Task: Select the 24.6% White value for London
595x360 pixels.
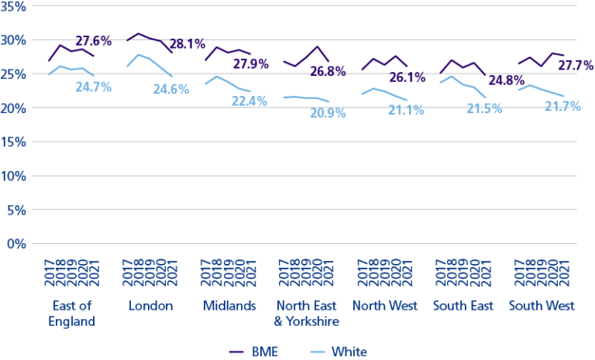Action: pyautogui.click(x=170, y=89)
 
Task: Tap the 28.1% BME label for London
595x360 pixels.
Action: pyautogui.click(x=188, y=43)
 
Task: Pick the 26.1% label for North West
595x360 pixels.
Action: pyautogui.click(x=405, y=78)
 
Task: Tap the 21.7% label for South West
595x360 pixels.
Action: pyautogui.click(x=562, y=106)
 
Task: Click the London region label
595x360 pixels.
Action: pyautogui.click(x=151, y=306)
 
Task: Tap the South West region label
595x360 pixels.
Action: pyautogui.click(x=542, y=306)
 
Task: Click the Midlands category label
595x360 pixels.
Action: pyautogui.click(x=229, y=306)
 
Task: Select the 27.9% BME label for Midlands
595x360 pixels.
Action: pyautogui.click(x=251, y=63)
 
